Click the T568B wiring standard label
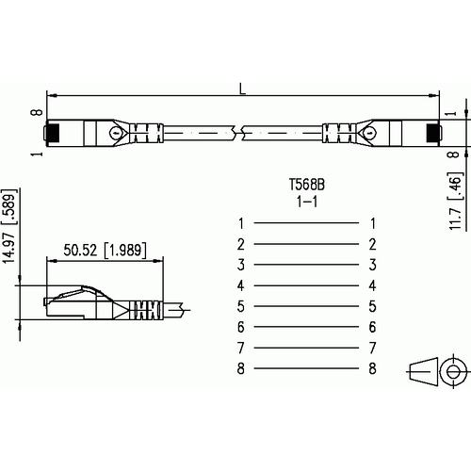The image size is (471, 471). point(307,185)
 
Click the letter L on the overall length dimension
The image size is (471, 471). point(242,89)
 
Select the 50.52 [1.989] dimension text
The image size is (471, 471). point(105,251)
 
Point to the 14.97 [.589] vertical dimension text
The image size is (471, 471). point(8,226)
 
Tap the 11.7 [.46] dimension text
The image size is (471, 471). point(456,201)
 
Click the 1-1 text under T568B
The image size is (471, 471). point(307,202)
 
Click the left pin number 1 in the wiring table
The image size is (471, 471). point(241,223)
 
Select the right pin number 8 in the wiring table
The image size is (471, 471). point(372,368)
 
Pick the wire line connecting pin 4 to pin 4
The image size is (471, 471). point(306,285)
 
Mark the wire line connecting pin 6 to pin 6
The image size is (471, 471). point(306,327)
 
